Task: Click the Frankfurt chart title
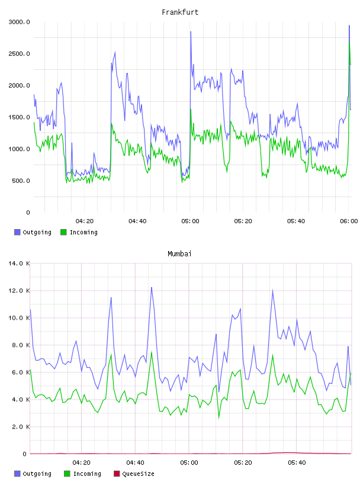pyautogui.click(x=180, y=12)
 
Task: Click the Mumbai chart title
pyautogui.click(x=179, y=254)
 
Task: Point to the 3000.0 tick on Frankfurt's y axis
pyautogui.click(x=19, y=22)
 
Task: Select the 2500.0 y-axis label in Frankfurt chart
pyautogui.click(x=19, y=54)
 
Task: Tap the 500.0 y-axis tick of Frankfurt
pyautogui.click(x=21, y=181)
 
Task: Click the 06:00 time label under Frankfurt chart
pyautogui.click(x=349, y=221)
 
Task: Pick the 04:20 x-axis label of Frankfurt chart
pyautogui.click(x=85, y=221)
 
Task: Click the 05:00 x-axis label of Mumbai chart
pyautogui.click(x=189, y=463)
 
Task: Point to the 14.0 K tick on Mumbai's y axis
pyautogui.click(x=19, y=263)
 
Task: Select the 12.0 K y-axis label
pyautogui.click(x=19, y=291)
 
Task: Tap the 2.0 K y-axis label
pyautogui.click(x=21, y=427)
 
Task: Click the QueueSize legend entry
pyautogui.click(x=134, y=474)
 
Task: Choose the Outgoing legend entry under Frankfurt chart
pyautogui.click(x=33, y=232)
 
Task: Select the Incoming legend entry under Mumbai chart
pyautogui.click(x=82, y=474)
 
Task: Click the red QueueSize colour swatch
pyautogui.click(x=117, y=474)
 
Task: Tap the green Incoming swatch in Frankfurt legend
pyautogui.click(x=63, y=232)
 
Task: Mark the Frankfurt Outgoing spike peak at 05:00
pyautogui.click(x=191, y=31)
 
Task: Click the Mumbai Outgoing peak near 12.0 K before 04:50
pyautogui.click(x=152, y=288)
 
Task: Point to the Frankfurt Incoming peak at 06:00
pyautogui.click(x=349, y=42)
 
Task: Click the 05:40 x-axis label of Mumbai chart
pyautogui.click(x=297, y=463)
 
